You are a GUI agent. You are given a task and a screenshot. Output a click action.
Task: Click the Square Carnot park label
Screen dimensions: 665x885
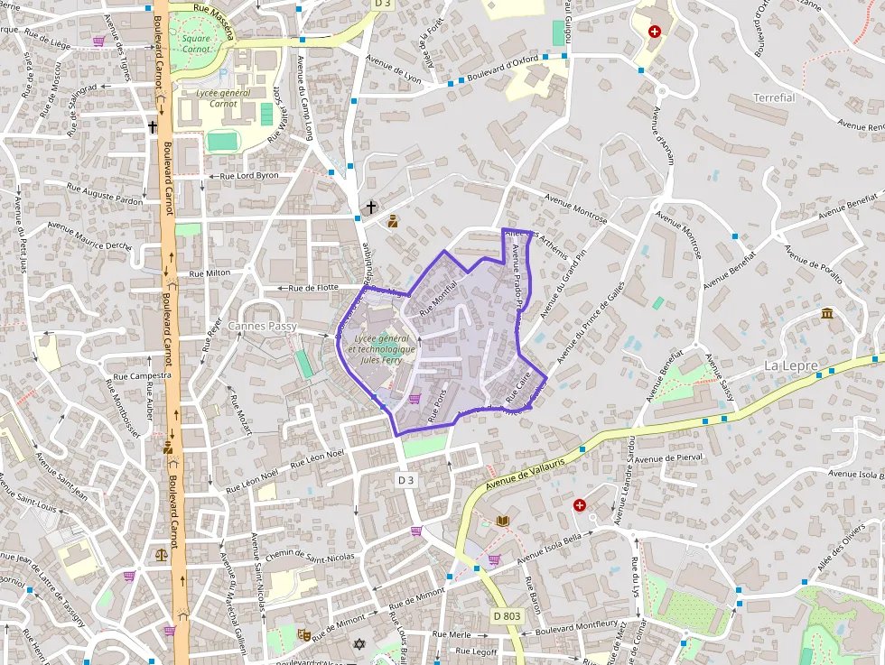pos(196,43)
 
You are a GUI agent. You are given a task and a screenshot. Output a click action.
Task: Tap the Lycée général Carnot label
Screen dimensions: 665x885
pos(217,97)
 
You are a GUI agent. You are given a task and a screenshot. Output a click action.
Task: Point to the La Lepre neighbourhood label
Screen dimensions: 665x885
pos(791,365)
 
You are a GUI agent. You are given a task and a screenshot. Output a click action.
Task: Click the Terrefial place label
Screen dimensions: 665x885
pos(774,97)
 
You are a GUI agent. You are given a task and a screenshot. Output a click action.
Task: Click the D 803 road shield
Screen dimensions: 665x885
pos(507,615)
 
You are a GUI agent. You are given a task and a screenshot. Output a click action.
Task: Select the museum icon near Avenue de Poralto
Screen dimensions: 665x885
pos(827,313)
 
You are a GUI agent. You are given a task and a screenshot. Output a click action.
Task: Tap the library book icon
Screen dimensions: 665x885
pos(503,521)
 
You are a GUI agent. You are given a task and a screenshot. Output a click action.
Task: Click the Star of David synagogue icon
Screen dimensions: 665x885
pos(359,644)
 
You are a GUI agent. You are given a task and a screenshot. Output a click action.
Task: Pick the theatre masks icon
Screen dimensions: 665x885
pos(304,635)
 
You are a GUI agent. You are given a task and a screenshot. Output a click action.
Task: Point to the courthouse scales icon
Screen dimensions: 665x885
pos(162,556)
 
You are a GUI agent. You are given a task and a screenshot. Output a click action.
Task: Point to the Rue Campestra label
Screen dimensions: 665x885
pos(143,375)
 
